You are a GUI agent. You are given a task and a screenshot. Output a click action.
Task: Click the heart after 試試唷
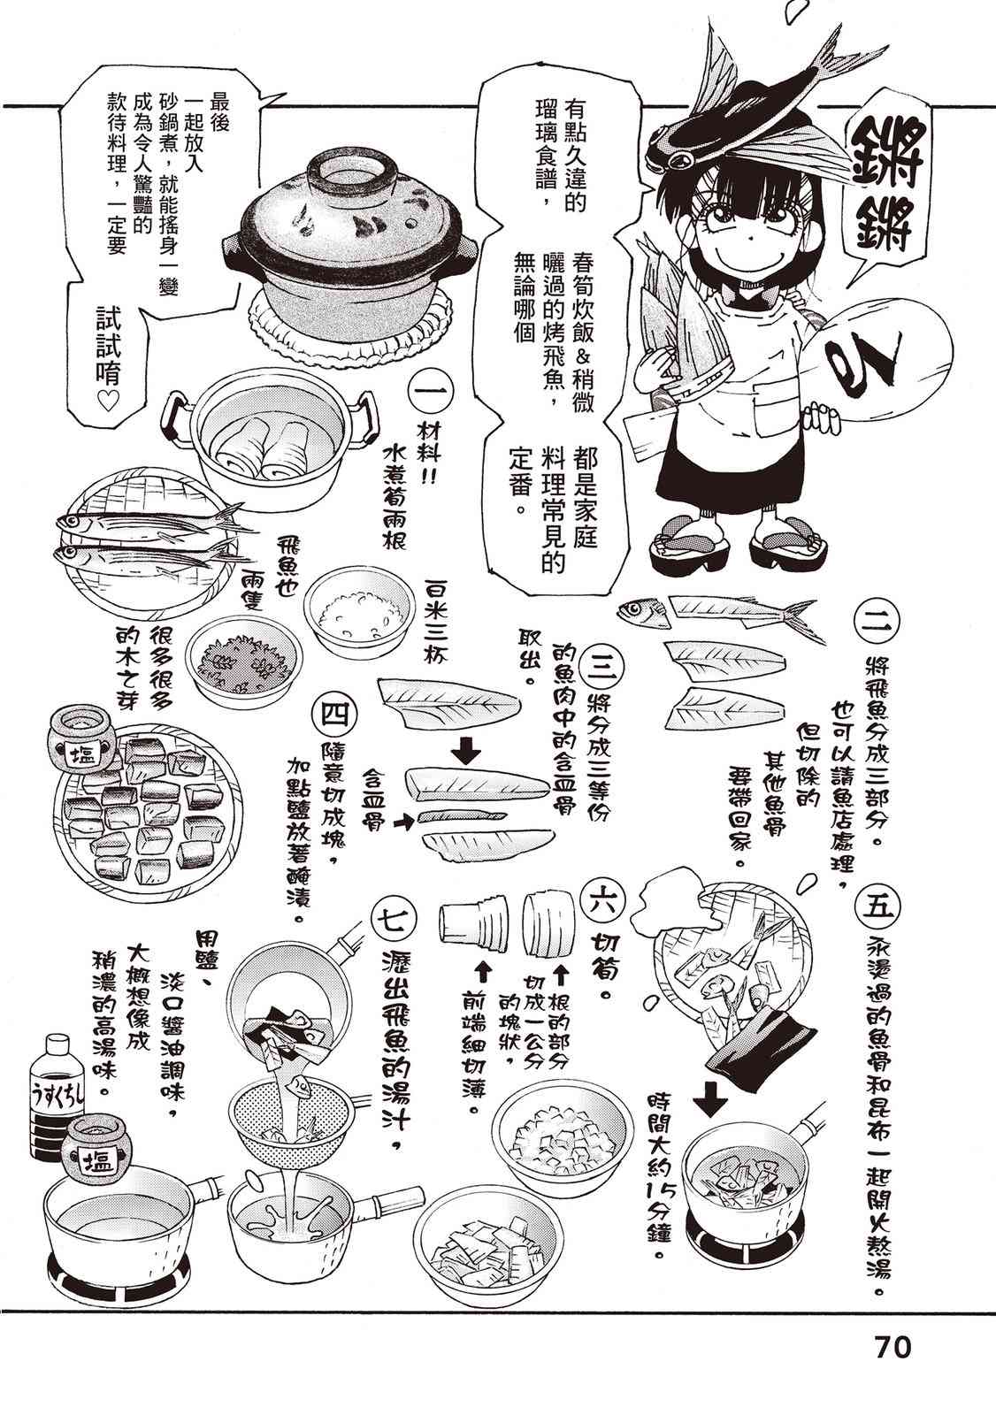108,402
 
